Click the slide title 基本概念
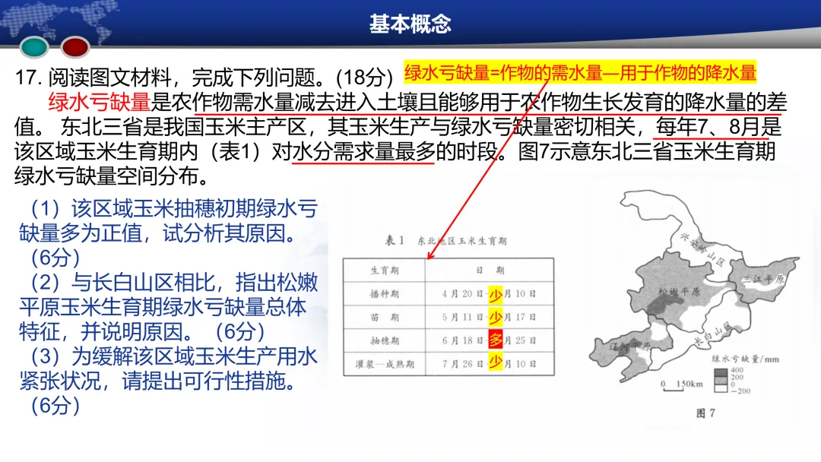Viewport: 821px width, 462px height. point(410,24)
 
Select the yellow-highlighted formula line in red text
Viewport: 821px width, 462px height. point(580,73)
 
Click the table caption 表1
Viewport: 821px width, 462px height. point(394,241)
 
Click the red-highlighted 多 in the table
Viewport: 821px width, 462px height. point(496,340)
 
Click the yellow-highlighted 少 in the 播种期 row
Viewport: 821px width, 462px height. point(496,293)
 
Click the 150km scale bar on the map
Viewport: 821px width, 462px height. point(679,385)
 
